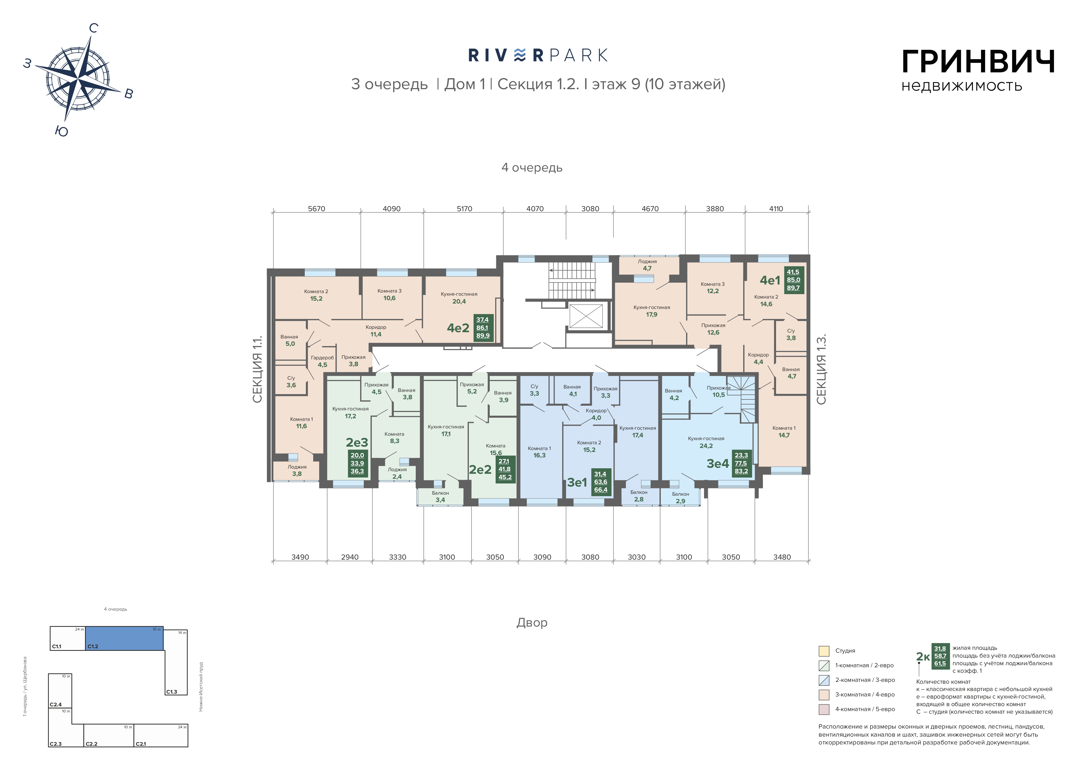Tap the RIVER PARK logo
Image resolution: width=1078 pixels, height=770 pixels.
pyautogui.click(x=538, y=56)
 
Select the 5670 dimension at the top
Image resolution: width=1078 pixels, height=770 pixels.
pyautogui.click(x=317, y=209)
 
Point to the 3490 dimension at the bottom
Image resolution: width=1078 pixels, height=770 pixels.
pyautogui.click(x=300, y=557)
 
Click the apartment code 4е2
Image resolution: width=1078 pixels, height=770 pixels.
pyautogui.click(x=458, y=328)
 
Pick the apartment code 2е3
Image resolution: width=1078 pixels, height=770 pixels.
pyautogui.click(x=356, y=442)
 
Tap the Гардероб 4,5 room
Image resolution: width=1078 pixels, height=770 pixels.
pyautogui.click(x=322, y=361)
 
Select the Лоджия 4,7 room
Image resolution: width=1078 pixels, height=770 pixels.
pyautogui.click(x=647, y=265)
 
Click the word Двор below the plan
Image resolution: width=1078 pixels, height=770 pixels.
pyautogui.click(x=532, y=622)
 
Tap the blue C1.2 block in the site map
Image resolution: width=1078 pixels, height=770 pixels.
pyautogui.click(x=124, y=638)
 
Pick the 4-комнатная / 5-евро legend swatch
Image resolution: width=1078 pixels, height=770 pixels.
pyautogui.click(x=824, y=709)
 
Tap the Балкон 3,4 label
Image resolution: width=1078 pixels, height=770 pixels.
pyautogui.click(x=440, y=496)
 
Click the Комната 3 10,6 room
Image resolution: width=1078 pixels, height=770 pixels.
pyautogui.click(x=389, y=294)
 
